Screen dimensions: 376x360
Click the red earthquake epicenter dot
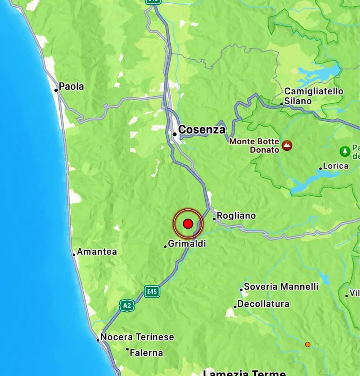(188, 224)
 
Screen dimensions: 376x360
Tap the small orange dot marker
(308, 344)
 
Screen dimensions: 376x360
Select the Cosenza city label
(201, 130)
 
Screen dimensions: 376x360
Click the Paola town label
(71, 86)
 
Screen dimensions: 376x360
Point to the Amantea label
(97, 252)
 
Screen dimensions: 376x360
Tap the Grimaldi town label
(187, 244)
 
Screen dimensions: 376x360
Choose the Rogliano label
(236, 216)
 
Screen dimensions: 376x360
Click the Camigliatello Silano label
(314, 96)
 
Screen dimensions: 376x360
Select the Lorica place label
(336, 166)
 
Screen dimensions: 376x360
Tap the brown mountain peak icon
(287, 145)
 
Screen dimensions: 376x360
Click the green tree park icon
(344, 151)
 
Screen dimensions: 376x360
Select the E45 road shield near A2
(152, 292)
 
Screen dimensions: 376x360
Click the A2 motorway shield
(127, 305)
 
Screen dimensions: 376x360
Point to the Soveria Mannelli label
(281, 287)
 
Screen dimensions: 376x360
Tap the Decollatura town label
(263, 304)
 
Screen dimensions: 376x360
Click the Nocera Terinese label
(137, 337)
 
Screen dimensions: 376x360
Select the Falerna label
(146, 353)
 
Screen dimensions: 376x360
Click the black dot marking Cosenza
(174, 134)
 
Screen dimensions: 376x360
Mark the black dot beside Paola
(56, 90)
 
